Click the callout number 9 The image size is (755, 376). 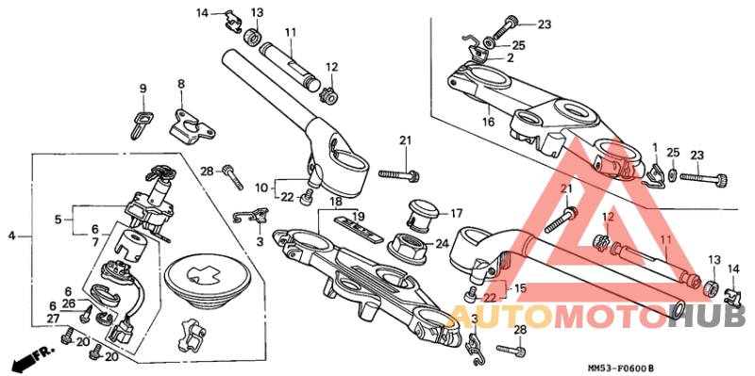pyautogui.click(x=143, y=89)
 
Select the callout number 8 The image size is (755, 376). pyautogui.click(x=181, y=84)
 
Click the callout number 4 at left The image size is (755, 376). pyautogui.click(x=12, y=235)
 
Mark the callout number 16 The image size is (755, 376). pyautogui.click(x=488, y=122)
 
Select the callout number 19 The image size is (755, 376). pyautogui.click(x=358, y=217)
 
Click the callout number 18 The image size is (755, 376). pyautogui.click(x=335, y=202)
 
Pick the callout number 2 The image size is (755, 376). pyautogui.click(x=510, y=57)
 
